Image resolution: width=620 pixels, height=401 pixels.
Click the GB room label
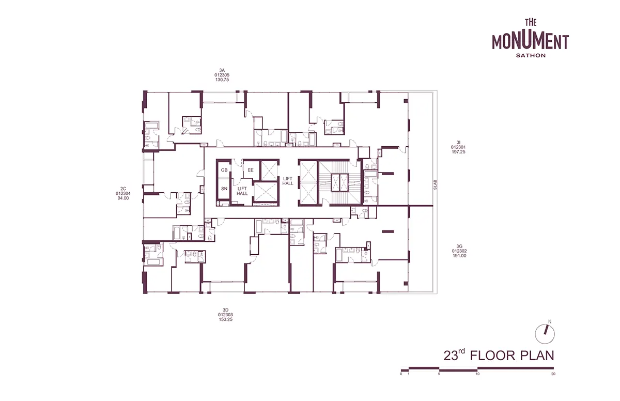click(x=224, y=170)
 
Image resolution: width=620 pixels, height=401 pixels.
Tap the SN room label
click(x=224, y=189)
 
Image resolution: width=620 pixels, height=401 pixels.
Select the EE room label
click(x=251, y=170)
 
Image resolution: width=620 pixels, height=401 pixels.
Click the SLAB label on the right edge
click(x=435, y=184)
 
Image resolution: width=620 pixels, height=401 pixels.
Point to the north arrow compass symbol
click(x=545, y=334)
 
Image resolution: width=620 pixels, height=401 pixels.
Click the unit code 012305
click(x=222, y=75)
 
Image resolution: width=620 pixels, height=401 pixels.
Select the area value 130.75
click(x=222, y=80)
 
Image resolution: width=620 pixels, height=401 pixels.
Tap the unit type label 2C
click(x=123, y=189)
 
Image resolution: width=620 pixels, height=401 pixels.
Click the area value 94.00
click(x=123, y=198)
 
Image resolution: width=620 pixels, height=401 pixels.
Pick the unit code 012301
click(x=458, y=147)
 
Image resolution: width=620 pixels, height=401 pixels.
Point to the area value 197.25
click(x=458, y=152)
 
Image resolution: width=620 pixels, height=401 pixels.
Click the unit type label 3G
click(x=459, y=246)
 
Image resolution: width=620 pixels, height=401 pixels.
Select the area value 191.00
click(x=459, y=256)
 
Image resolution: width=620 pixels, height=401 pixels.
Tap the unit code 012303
click(x=226, y=315)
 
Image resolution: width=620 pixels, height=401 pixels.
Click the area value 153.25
click(x=226, y=319)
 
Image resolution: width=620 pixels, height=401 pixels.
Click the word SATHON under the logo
click(x=531, y=55)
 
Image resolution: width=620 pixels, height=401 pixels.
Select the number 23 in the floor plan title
click(x=451, y=356)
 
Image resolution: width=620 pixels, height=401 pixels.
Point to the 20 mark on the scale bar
click(x=553, y=374)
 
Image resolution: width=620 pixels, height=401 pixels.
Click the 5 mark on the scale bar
click(x=439, y=374)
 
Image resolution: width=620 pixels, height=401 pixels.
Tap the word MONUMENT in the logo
click(x=530, y=42)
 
